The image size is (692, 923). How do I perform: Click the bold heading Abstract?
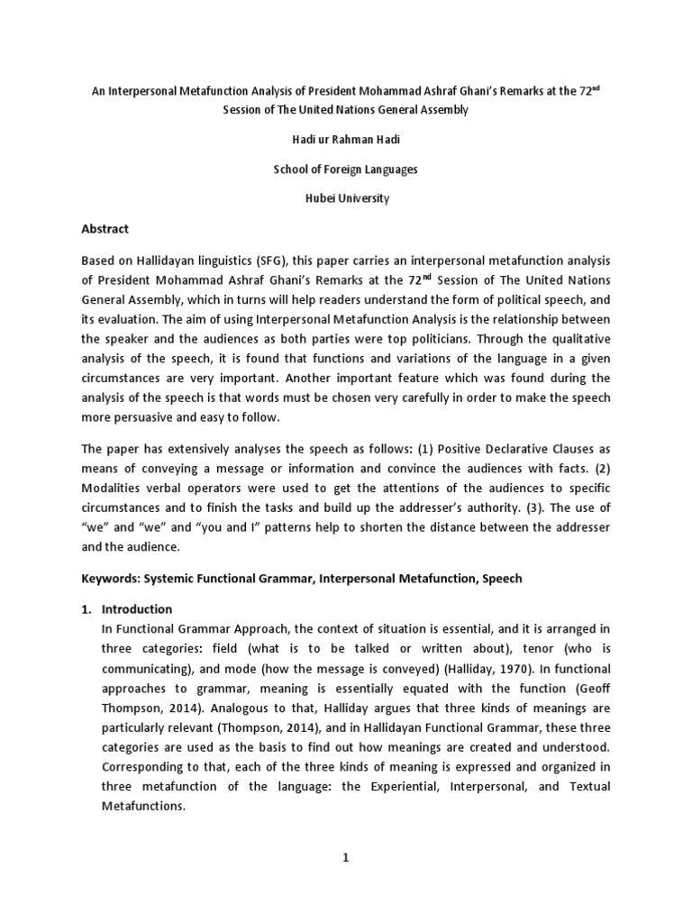[105, 229]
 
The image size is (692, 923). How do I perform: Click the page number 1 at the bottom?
[344, 858]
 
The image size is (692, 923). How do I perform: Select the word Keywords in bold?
[113, 579]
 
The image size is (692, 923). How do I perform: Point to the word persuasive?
[145, 418]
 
